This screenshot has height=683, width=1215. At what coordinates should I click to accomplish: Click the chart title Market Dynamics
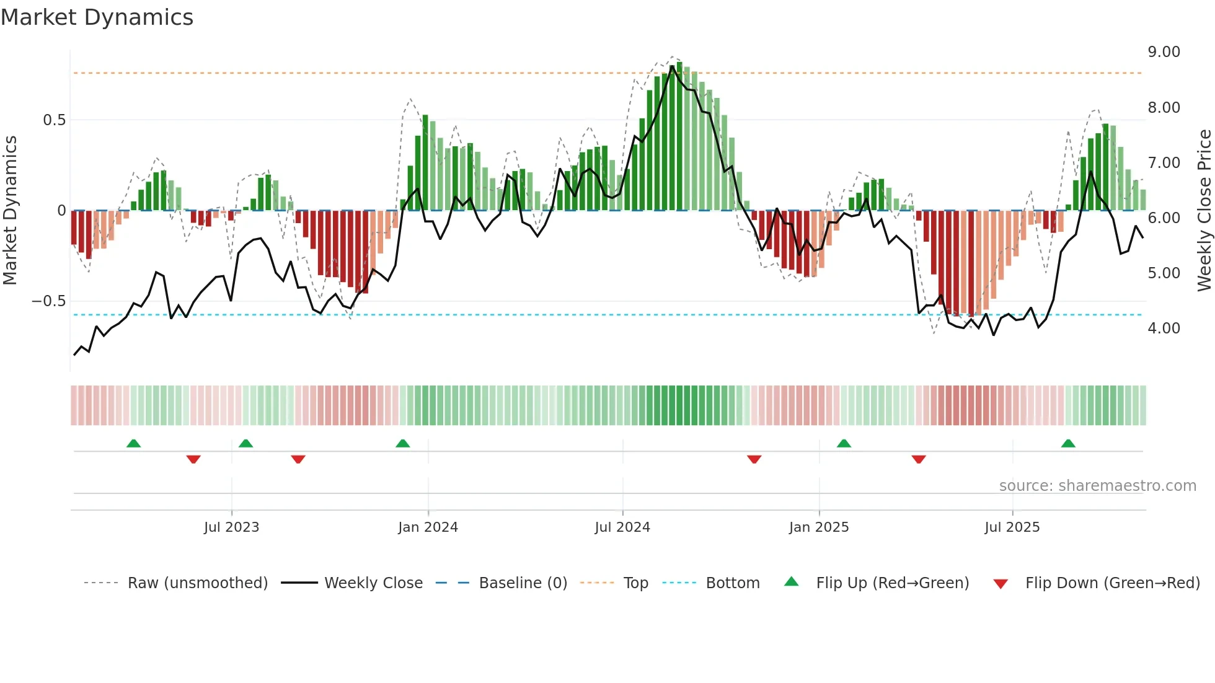[x=97, y=17]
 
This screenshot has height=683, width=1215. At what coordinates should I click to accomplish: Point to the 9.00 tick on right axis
[x=1164, y=52]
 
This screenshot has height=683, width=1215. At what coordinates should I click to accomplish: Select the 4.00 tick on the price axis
[x=1164, y=328]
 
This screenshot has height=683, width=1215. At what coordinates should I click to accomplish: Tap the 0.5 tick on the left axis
[x=54, y=120]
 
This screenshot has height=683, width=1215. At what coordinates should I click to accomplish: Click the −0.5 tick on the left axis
[x=48, y=301]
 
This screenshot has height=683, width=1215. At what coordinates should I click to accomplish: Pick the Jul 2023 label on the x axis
[x=231, y=527]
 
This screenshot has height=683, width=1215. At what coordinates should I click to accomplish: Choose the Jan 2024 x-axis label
[x=428, y=527]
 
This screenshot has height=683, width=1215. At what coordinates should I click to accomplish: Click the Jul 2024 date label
[x=622, y=527]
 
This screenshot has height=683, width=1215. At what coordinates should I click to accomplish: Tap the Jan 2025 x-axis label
[x=818, y=527]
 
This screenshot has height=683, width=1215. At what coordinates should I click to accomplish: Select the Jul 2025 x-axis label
[x=1012, y=527]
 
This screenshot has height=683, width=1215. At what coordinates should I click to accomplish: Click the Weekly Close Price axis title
[x=1204, y=210]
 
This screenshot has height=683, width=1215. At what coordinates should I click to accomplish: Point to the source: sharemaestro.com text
[x=1097, y=486]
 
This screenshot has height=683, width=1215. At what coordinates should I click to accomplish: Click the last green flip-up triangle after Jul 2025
[x=1067, y=444]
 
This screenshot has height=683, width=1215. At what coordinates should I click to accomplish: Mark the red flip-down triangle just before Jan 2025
[x=754, y=459]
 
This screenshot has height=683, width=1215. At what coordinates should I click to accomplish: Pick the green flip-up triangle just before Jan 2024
[x=402, y=444]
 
